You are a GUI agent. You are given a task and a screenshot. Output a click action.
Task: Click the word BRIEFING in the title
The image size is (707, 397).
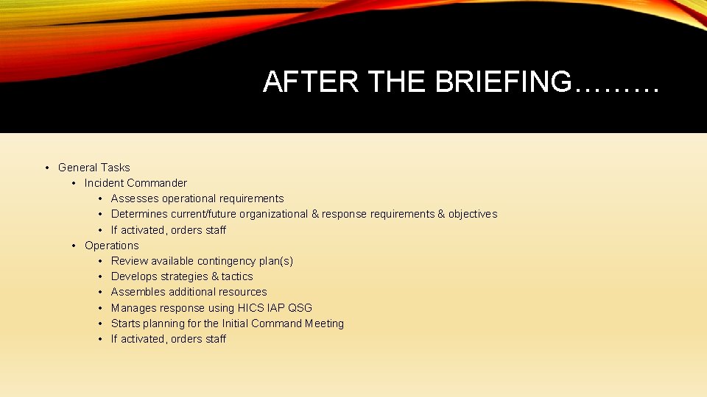[x=502, y=82]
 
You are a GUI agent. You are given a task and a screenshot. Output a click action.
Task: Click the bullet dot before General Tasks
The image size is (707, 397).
[x=46, y=168]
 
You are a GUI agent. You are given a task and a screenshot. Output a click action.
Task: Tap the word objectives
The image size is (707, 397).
[x=473, y=214]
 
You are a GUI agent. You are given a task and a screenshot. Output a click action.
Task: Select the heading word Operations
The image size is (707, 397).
[x=111, y=246]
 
